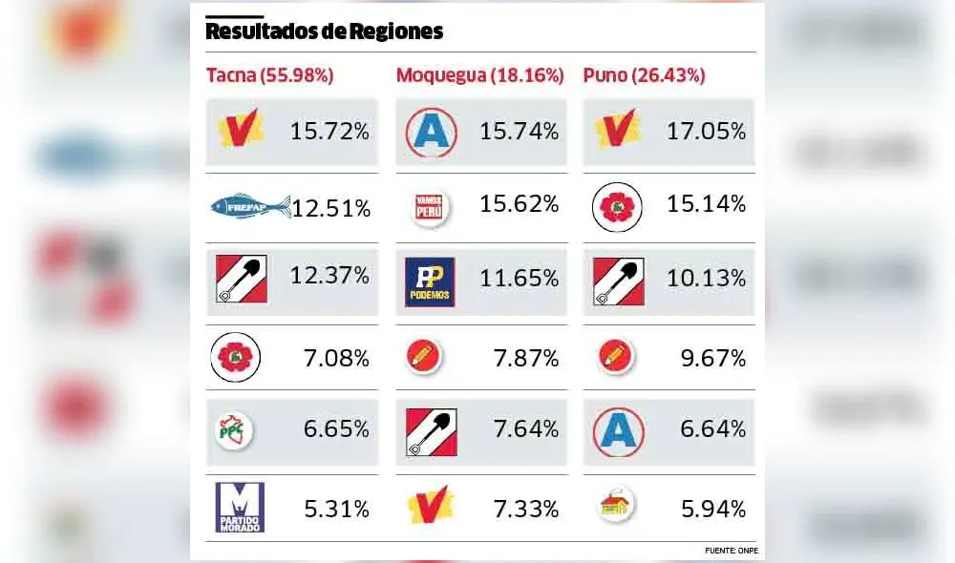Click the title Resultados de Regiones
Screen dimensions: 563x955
[x=324, y=31]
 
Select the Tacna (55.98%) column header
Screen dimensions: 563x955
[x=269, y=75]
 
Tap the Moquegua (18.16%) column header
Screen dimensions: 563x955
[x=479, y=75]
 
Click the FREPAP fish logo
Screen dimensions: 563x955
[x=250, y=205]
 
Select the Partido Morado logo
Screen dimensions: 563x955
[x=240, y=507]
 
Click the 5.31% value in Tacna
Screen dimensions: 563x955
[x=336, y=510]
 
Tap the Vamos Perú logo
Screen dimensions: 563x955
[x=430, y=207]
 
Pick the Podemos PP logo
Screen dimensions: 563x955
[x=430, y=281]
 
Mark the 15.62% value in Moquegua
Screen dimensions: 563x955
[x=519, y=204]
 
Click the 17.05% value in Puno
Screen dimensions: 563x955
[x=706, y=131]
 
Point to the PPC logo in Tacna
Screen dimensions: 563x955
[x=234, y=430]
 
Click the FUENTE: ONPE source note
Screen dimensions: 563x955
[x=732, y=551]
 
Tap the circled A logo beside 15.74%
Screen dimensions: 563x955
[x=431, y=132]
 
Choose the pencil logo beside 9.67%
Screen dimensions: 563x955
[x=616, y=357]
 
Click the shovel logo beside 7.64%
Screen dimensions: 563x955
[x=431, y=431]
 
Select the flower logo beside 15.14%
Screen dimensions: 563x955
[x=616, y=207]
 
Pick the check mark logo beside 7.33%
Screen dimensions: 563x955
[x=431, y=506]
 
